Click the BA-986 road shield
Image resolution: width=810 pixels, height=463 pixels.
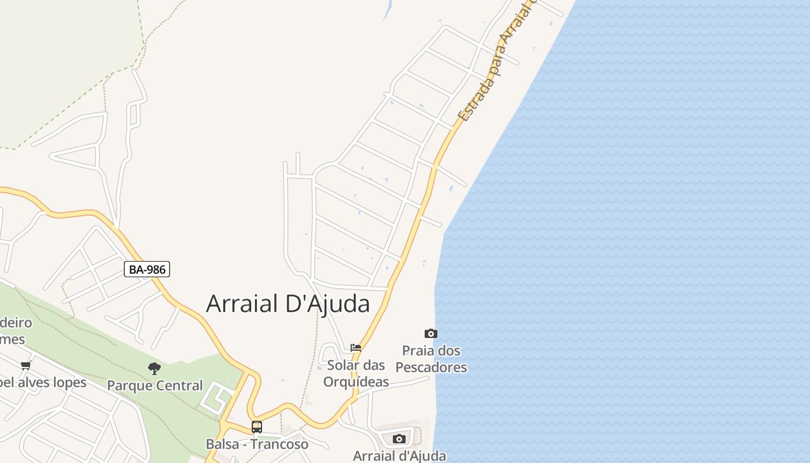(x=147, y=269)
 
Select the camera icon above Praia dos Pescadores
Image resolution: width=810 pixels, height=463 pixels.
(x=431, y=333)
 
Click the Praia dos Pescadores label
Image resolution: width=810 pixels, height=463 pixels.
(x=431, y=359)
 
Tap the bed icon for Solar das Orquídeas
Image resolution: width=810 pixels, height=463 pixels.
(x=356, y=348)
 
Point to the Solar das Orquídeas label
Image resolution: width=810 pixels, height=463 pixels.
(x=356, y=373)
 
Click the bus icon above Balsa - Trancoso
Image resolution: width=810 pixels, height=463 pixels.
(x=257, y=427)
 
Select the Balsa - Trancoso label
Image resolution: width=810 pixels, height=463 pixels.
(x=257, y=444)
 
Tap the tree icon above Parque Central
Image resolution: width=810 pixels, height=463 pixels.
(x=154, y=368)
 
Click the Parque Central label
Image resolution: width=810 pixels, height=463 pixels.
(x=155, y=385)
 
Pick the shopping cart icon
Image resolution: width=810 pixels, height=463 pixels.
(x=25, y=365)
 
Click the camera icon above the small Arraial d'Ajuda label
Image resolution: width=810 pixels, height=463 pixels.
(x=399, y=439)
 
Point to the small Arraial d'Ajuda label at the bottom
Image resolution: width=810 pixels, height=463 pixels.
(x=399, y=455)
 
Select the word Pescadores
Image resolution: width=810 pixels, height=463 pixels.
(x=431, y=368)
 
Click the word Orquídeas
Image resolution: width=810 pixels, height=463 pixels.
(x=356, y=382)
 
